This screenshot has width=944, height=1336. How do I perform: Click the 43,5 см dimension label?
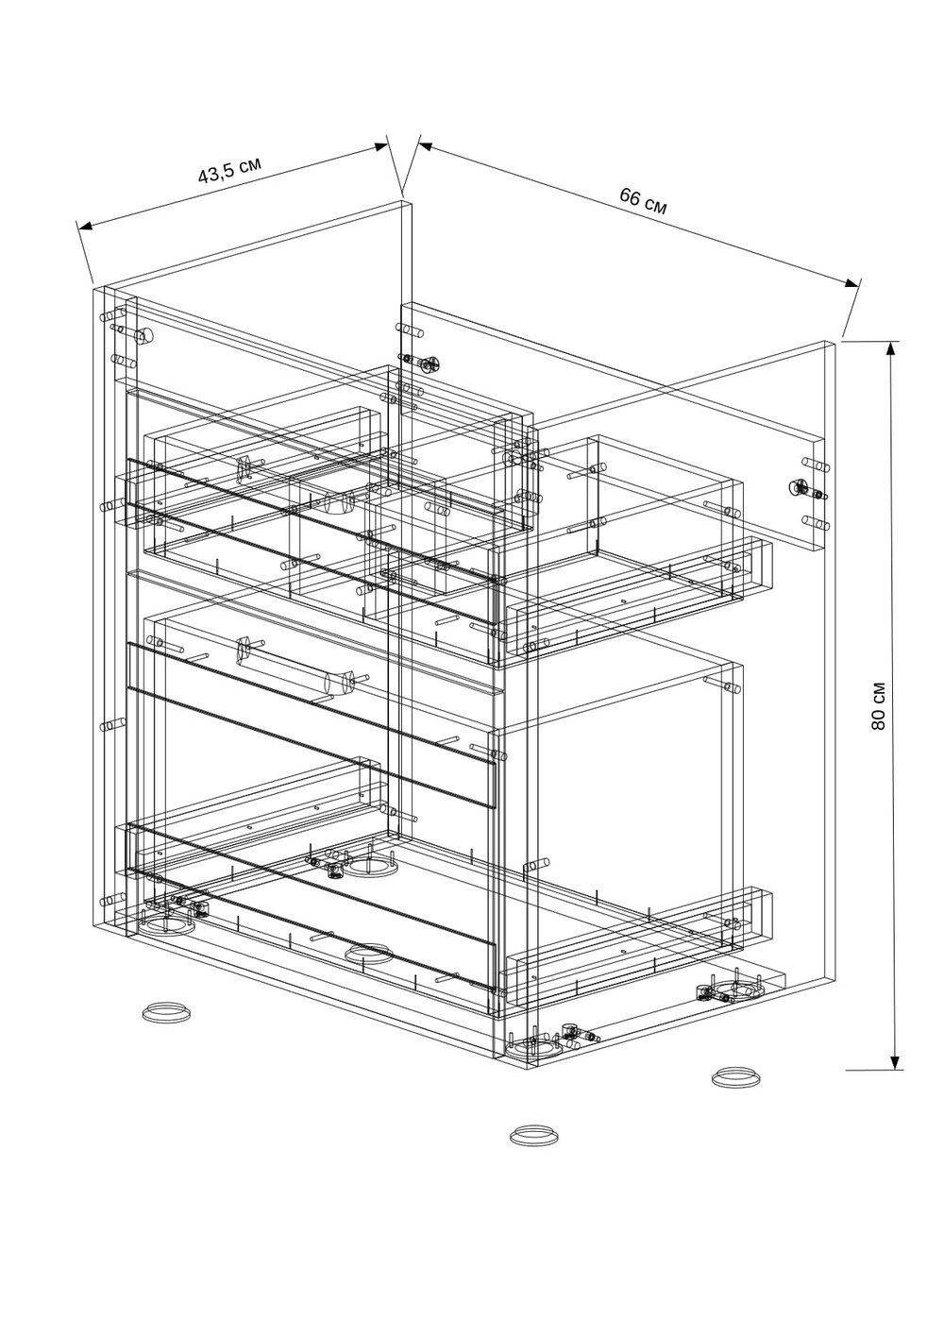coord(229,171)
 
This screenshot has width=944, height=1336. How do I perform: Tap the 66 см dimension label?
coord(643,201)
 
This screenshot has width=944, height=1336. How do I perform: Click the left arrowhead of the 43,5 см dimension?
coord(85,225)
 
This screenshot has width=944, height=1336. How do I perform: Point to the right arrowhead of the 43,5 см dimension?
coord(381,145)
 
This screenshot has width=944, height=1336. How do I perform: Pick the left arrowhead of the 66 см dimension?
coord(426,144)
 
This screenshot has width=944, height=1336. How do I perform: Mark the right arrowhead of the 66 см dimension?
coord(851,283)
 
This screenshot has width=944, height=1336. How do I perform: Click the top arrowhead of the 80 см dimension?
coord(893,348)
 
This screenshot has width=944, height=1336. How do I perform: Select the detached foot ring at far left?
coord(166,1011)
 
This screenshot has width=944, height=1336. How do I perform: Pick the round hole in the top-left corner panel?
coord(145,336)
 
